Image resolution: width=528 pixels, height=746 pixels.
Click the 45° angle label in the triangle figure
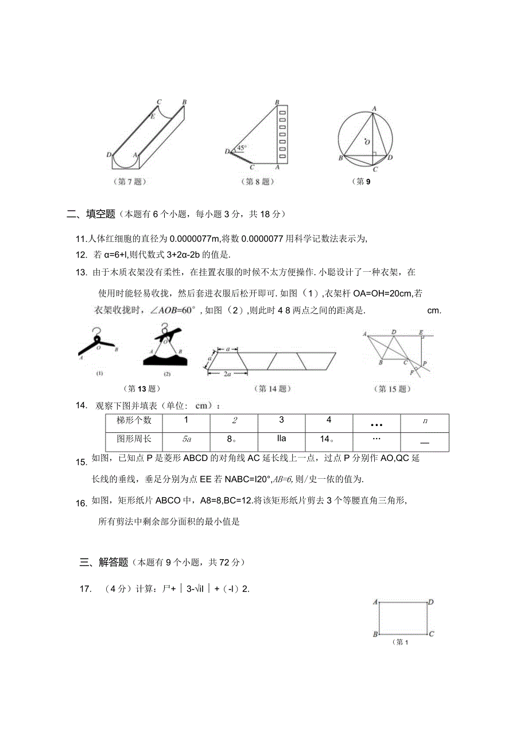[242, 148]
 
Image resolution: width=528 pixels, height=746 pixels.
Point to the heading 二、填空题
[91, 214]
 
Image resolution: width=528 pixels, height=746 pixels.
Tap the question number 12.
[81, 255]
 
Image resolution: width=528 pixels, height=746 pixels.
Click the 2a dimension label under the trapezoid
[227, 374]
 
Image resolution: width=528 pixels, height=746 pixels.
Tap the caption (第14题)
[273, 389]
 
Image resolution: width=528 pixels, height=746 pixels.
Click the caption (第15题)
[393, 389]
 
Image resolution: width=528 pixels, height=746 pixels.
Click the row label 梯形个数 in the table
[134, 420]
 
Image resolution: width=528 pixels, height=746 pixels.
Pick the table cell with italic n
[425, 421]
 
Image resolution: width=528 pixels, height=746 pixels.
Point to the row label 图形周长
[134, 439]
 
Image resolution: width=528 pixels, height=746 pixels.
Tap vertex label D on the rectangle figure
[430, 602]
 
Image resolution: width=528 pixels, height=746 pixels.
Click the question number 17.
[86, 588]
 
